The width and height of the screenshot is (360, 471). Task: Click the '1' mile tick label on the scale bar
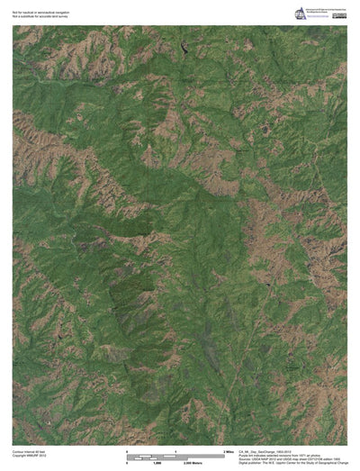click(175, 448)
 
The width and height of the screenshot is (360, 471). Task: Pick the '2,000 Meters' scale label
click(195, 461)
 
